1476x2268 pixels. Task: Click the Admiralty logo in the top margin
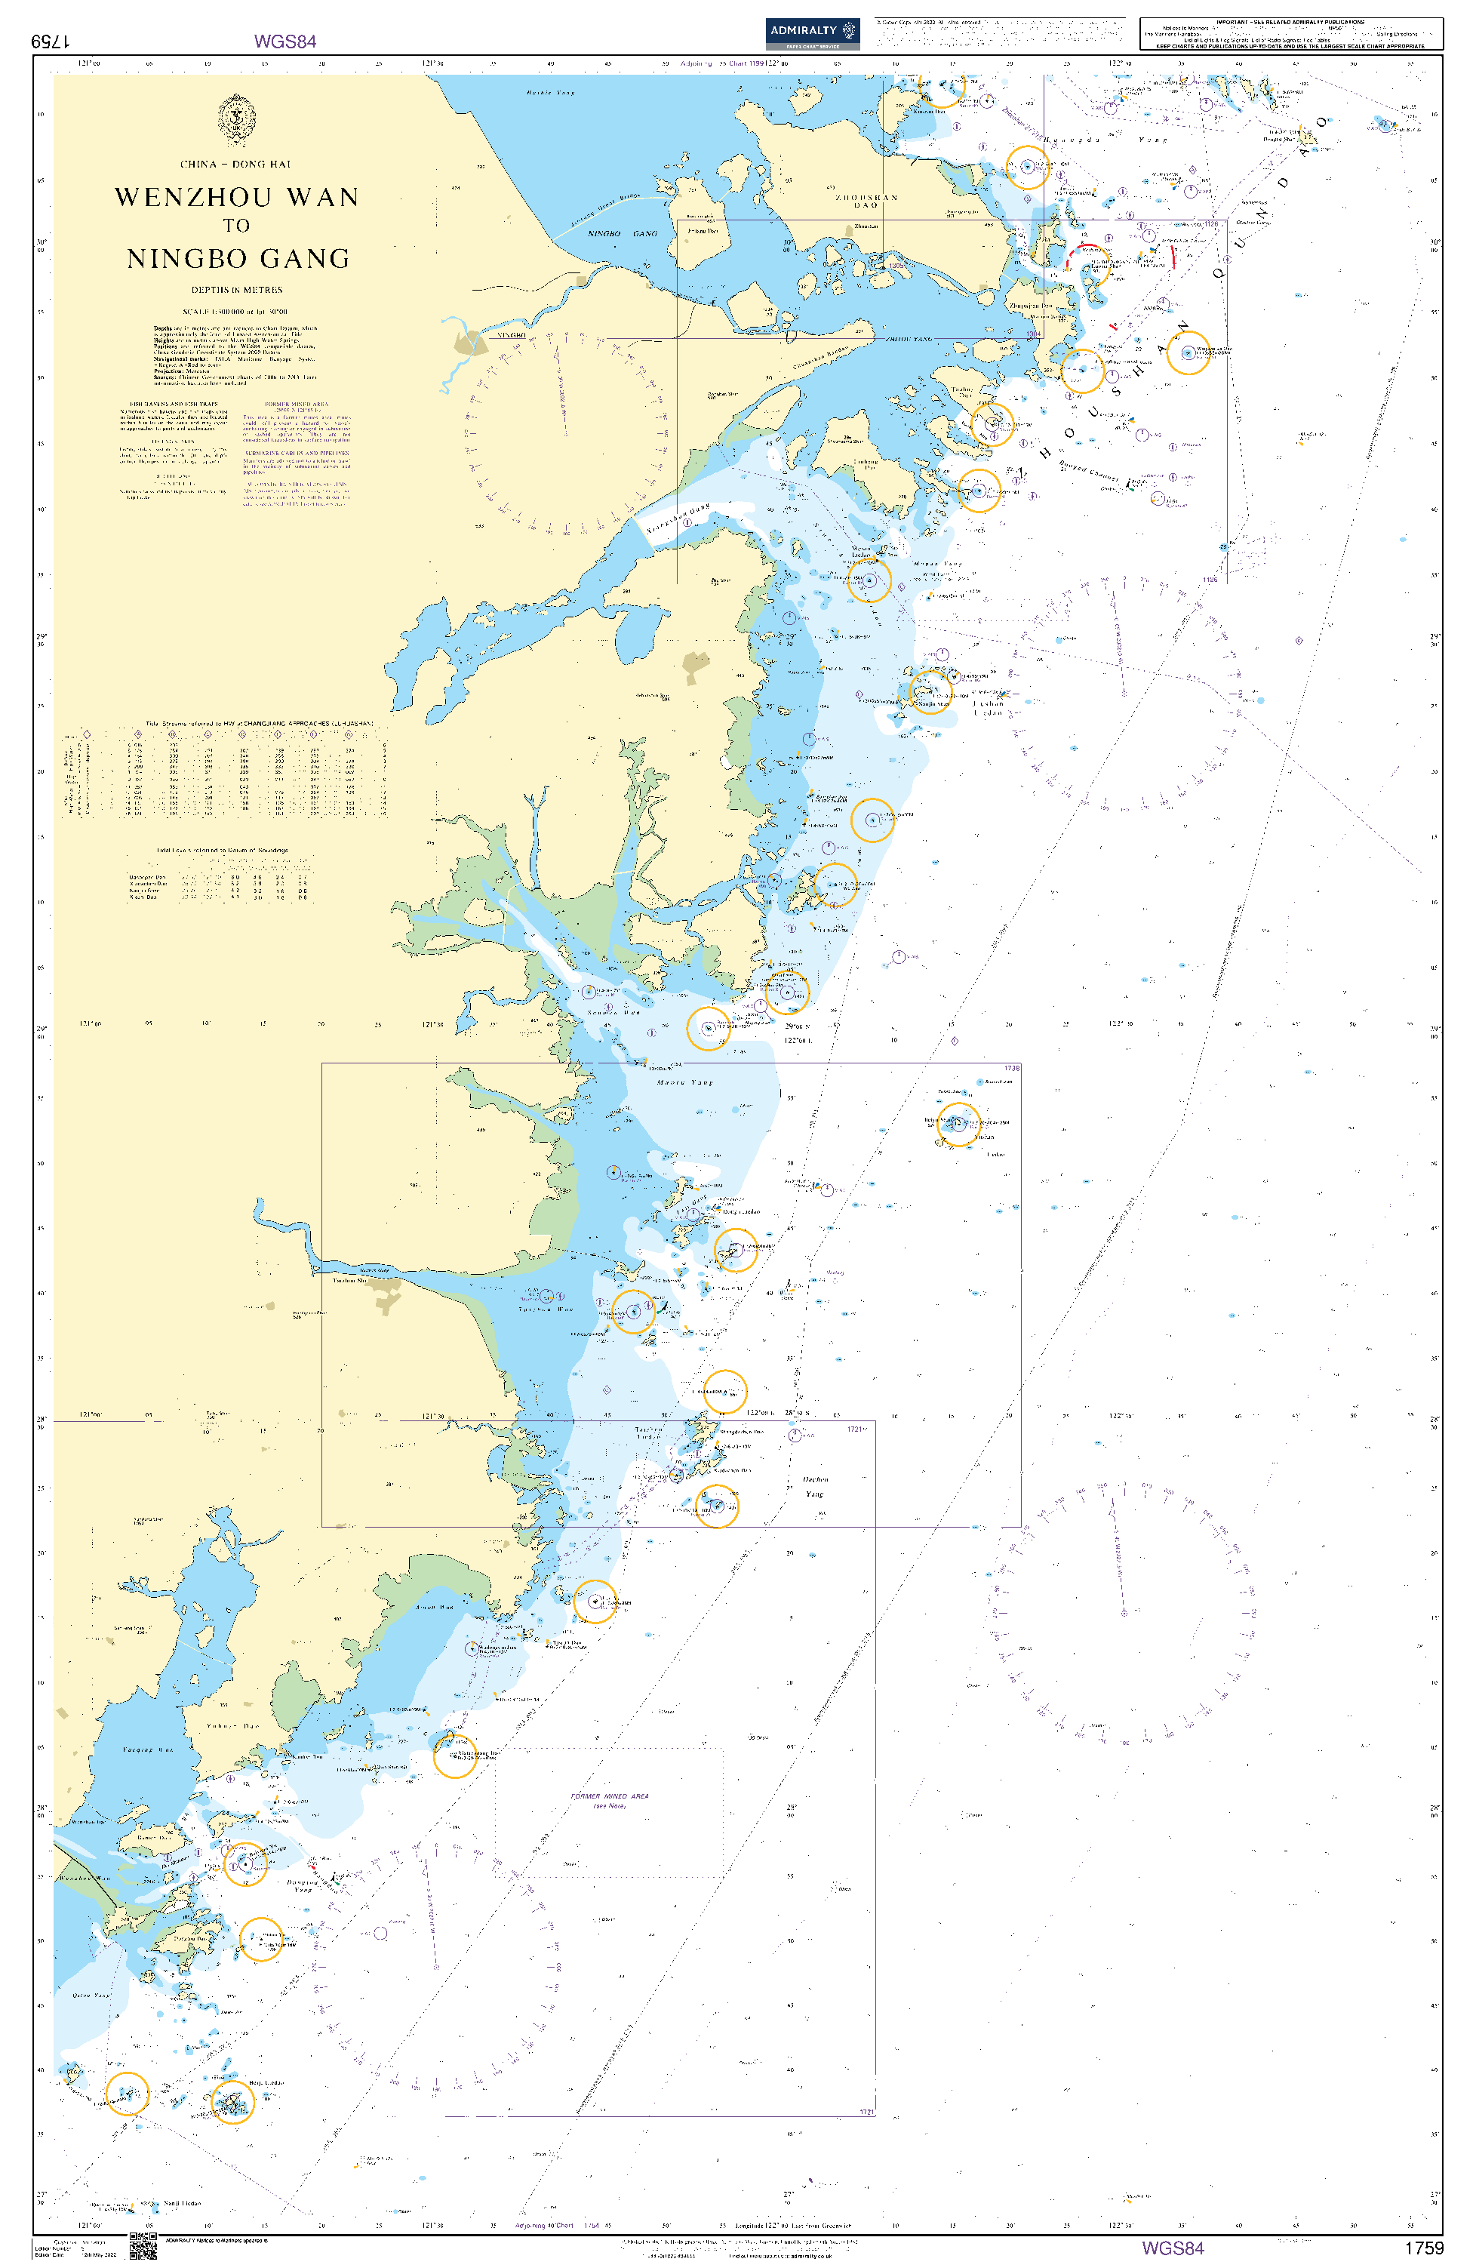[x=812, y=33]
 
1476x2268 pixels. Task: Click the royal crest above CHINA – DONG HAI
[x=236, y=119]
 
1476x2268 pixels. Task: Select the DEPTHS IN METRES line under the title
[x=236, y=290]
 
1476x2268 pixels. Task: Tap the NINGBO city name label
[x=510, y=335]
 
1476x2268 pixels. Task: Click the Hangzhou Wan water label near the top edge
[x=551, y=92]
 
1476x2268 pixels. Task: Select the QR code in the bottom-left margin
[x=143, y=2245]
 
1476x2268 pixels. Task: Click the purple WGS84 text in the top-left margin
[x=285, y=41]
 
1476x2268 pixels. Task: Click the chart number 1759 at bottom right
[x=1424, y=2248]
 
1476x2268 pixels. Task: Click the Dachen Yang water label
[x=815, y=1487]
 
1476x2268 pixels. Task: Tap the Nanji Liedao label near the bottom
[x=181, y=2203]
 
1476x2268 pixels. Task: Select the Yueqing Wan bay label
[x=148, y=1749]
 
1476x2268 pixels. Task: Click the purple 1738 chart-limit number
[x=1011, y=1068]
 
